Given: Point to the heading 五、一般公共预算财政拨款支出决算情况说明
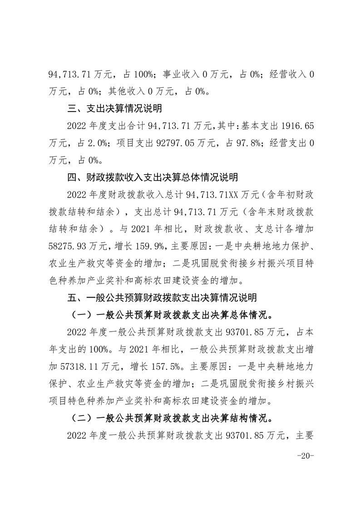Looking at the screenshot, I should (x=161, y=298).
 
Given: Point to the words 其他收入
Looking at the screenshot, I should (x=126, y=92).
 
